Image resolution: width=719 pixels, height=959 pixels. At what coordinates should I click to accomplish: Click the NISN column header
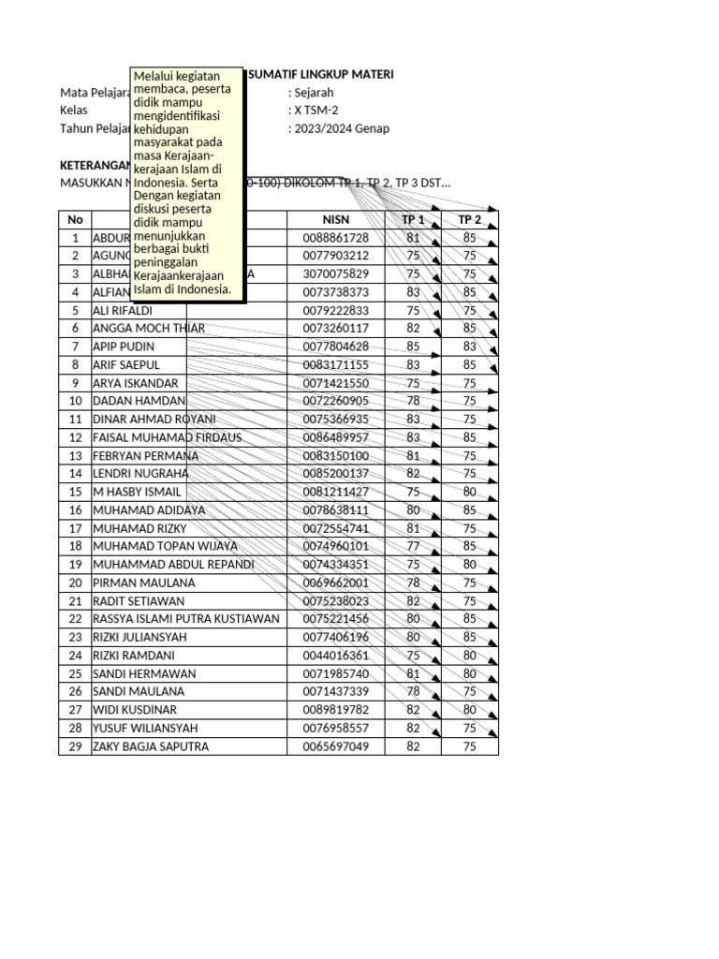pos(336,220)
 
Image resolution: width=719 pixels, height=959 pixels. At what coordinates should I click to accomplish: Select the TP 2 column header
pos(469,220)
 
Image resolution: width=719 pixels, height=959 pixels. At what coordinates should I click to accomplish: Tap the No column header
pos(75,220)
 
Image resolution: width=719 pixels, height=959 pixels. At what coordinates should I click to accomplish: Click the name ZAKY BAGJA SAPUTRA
pos(151,746)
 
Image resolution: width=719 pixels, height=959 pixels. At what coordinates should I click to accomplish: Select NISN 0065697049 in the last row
pos(336,746)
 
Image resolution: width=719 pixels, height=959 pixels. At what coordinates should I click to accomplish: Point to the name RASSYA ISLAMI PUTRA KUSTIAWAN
pos(186,619)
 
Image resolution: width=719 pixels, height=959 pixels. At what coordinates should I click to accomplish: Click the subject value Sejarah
pos(314,93)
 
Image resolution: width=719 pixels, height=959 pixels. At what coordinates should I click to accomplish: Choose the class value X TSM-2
pos(317,111)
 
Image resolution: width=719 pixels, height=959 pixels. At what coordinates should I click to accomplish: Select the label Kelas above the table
pos(73,111)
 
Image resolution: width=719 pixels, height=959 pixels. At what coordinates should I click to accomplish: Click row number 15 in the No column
pos(75,492)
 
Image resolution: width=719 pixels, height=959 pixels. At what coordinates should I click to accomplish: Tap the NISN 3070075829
pos(336,274)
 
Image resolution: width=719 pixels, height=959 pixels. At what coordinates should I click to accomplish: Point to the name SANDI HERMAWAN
pos(144,673)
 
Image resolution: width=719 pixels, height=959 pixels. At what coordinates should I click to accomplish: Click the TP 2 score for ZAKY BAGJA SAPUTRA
pos(469,746)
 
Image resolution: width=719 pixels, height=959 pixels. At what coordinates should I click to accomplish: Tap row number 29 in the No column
pos(75,746)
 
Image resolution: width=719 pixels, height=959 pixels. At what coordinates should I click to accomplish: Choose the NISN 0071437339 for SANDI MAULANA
pos(336,692)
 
